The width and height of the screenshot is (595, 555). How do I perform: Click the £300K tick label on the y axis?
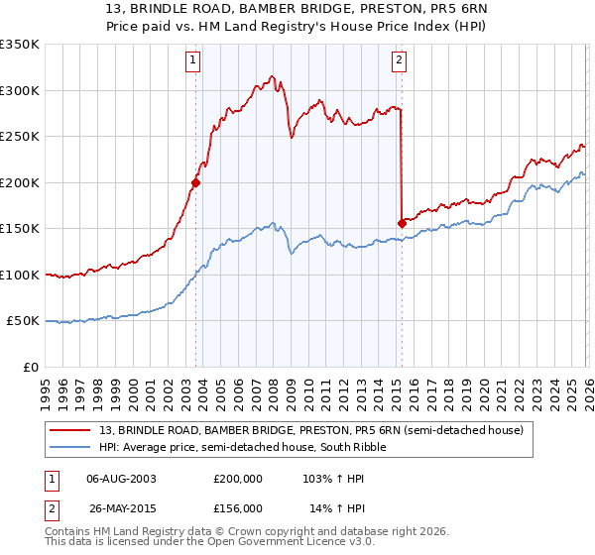pyautogui.click(x=20, y=90)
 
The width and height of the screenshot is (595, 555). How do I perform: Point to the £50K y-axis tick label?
pyautogui.click(x=23, y=321)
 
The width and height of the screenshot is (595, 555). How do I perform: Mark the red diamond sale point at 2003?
pyautogui.click(x=195, y=182)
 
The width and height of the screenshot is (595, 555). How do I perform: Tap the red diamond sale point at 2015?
pyautogui.click(x=402, y=223)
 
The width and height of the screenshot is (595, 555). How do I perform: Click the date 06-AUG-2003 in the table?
pyautogui.click(x=121, y=479)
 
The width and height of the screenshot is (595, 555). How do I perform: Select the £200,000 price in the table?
pyautogui.click(x=238, y=479)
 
